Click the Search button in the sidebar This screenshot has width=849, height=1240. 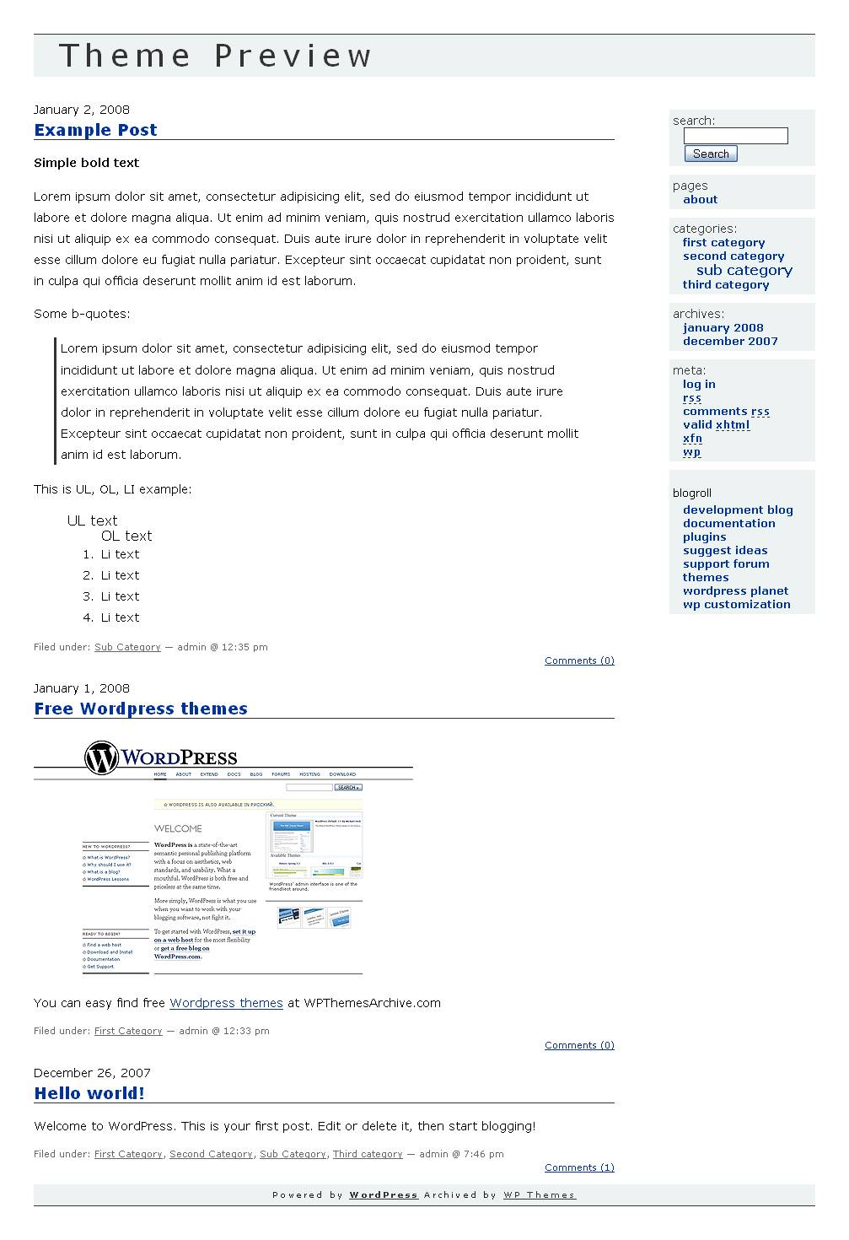click(x=711, y=154)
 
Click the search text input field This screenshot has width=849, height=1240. click(x=735, y=136)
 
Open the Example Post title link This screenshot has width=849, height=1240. click(x=95, y=130)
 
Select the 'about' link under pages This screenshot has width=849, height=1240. click(x=700, y=200)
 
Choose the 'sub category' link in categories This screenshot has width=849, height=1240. click(x=744, y=271)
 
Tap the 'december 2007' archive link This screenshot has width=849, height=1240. click(x=730, y=342)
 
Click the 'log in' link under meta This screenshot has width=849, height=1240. click(x=699, y=385)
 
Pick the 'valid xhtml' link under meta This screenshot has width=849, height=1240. click(x=716, y=425)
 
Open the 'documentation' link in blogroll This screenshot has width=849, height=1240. click(x=728, y=524)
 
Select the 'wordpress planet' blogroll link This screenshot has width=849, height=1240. click(x=735, y=591)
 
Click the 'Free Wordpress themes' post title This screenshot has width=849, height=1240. click(x=141, y=709)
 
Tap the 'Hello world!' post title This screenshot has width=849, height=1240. click(x=89, y=1093)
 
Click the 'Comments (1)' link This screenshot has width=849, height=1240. click(x=579, y=1167)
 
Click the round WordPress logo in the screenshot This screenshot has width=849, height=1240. click(x=101, y=757)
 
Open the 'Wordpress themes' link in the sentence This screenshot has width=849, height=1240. click(x=226, y=1003)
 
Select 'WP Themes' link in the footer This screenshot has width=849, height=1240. click(x=539, y=1195)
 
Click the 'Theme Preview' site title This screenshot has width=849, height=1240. click(x=215, y=56)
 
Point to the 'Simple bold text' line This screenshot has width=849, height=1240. click(x=86, y=163)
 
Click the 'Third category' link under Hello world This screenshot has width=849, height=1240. click(x=367, y=1154)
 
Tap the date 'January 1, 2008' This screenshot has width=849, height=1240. click(x=82, y=688)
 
